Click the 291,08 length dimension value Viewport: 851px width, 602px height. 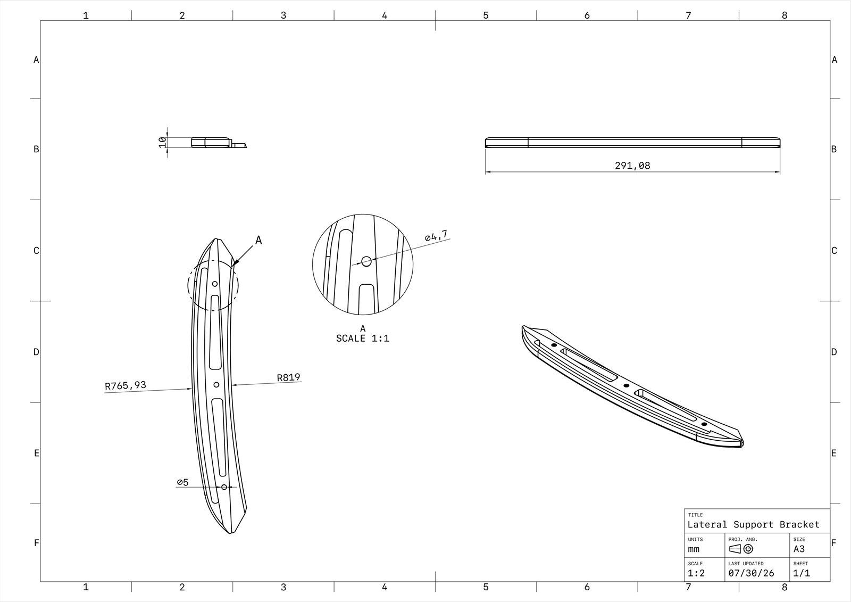(632, 166)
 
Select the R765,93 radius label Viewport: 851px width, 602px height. (126, 385)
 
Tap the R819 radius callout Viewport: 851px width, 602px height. (288, 377)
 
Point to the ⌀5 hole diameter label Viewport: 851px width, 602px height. (183, 482)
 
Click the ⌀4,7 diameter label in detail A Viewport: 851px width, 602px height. (436, 236)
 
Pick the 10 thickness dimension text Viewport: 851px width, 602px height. (162, 142)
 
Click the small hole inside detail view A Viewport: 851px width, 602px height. (366, 261)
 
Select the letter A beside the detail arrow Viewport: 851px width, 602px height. (258, 241)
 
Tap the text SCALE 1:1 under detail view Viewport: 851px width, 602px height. (363, 339)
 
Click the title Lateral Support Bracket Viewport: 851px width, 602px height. (753, 524)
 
